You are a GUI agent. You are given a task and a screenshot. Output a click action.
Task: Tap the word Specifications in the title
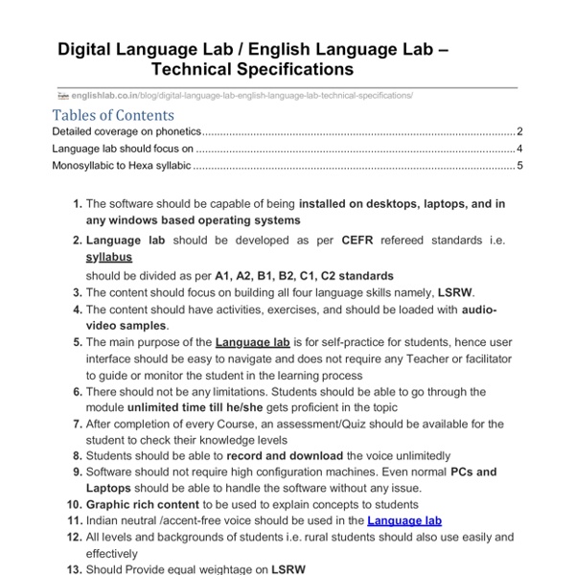click(285, 70)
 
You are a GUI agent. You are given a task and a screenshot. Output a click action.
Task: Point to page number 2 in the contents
click(518, 131)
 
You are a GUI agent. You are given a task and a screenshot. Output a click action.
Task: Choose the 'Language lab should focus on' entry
click(123, 149)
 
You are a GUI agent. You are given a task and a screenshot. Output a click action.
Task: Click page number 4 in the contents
click(518, 149)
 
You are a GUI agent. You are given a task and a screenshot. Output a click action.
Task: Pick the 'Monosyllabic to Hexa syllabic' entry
click(122, 166)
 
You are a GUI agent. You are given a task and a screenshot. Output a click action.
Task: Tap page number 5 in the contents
click(518, 166)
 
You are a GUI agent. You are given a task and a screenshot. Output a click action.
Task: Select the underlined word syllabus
click(108, 258)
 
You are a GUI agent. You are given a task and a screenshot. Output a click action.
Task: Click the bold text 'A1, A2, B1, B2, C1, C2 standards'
click(304, 275)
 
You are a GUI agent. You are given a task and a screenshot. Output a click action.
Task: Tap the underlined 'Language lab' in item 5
click(252, 341)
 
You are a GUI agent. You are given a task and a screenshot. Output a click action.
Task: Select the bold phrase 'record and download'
click(284, 456)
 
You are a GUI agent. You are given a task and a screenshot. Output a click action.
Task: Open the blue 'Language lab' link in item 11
click(404, 520)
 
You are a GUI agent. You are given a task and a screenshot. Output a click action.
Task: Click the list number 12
click(74, 537)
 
